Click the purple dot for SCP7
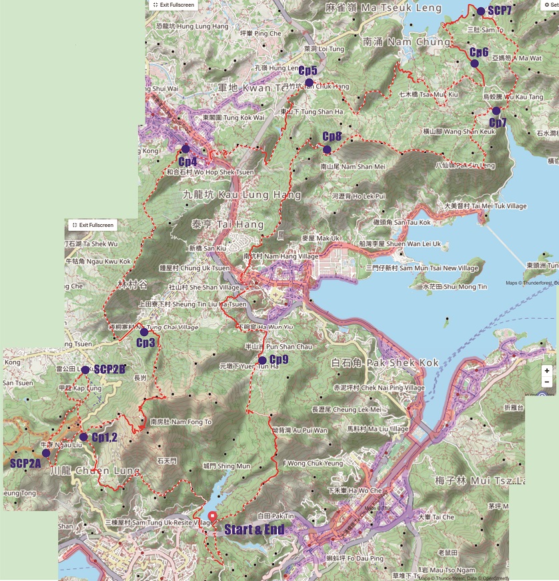tap(481, 11)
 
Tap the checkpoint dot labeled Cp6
tap(474, 63)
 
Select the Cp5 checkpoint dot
tap(309, 83)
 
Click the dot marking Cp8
tap(327, 149)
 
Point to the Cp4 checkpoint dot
tap(185, 149)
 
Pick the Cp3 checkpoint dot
tap(144, 332)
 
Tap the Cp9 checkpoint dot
tap(262, 360)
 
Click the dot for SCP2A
tap(45, 453)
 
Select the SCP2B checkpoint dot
tap(85, 370)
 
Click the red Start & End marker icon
tap(212, 516)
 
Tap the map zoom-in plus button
tap(547, 370)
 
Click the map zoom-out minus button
tap(547, 382)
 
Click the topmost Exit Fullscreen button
tap(174, 4)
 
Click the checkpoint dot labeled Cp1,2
tap(83, 437)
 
